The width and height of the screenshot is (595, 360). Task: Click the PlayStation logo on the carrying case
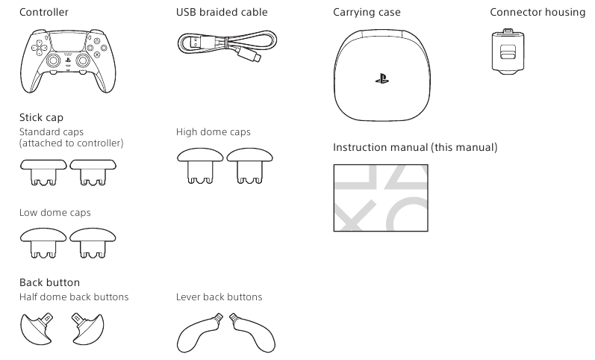pos(382,79)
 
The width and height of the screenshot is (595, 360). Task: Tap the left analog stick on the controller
pos(53,60)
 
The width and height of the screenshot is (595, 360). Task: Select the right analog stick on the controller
pos(83,60)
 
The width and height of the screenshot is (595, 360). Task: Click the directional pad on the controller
pos(39,47)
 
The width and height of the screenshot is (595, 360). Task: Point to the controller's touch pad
pos(68,42)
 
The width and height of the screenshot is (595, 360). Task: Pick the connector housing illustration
pos(508,52)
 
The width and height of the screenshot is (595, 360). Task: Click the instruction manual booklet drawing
pos(381,198)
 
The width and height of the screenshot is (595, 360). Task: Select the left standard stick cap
pos(43,172)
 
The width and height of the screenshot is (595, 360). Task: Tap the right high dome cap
pos(249,166)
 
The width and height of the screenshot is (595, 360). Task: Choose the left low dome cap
pos(43,243)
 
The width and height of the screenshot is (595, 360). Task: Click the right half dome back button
pos(87,329)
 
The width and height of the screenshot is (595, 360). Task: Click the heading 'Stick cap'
pos(41,117)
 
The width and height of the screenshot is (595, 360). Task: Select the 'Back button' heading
pos(50,282)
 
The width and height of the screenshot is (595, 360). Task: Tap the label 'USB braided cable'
pos(222,12)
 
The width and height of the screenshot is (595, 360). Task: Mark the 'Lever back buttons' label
pos(219,297)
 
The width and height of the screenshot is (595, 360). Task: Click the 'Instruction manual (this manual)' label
pos(415,147)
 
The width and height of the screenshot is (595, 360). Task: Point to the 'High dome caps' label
pos(214,131)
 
